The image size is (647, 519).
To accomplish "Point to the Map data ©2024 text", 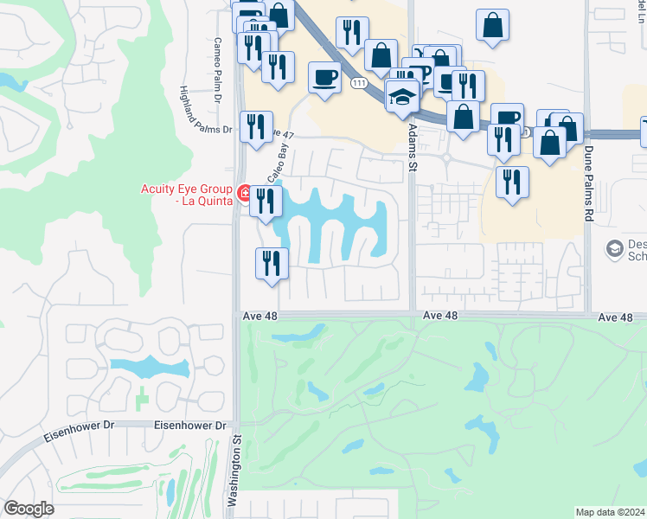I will click(610, 512).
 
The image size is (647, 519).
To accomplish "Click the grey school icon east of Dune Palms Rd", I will click(615, 249).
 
